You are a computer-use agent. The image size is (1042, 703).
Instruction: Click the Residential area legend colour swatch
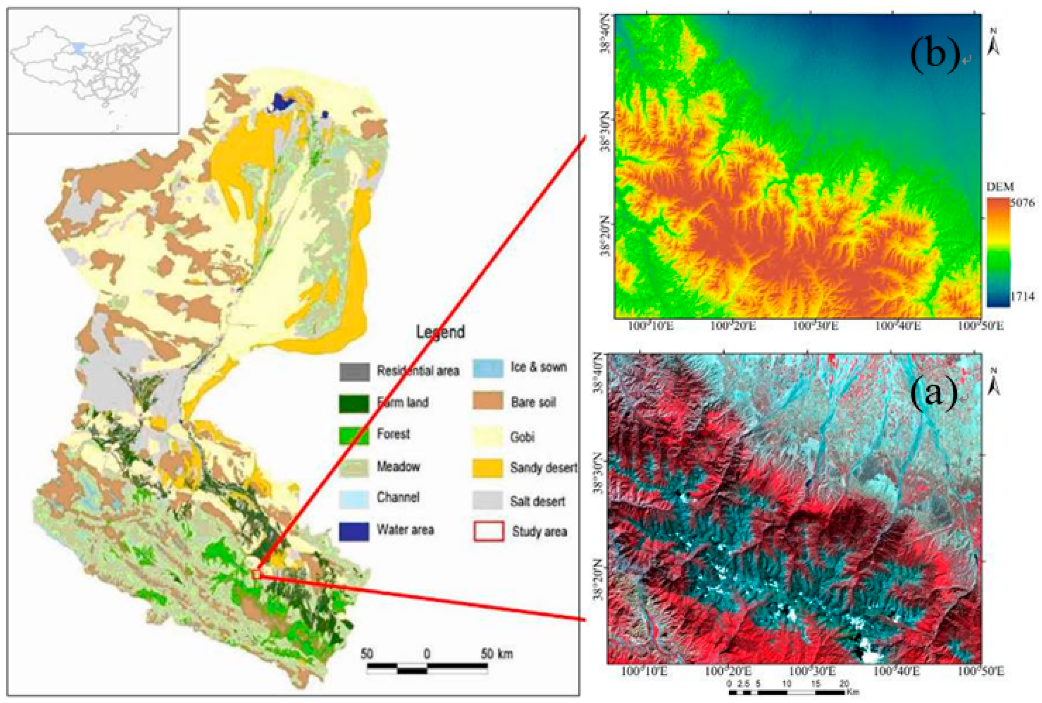[x=354, y=371]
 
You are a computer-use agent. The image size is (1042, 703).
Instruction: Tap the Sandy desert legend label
[x=544, y=468]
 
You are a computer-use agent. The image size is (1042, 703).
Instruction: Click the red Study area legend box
[x=488, y=531]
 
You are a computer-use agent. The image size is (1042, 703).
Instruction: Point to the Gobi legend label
[x=522, y=436]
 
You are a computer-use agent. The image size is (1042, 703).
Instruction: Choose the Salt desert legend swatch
[x=487, y=500]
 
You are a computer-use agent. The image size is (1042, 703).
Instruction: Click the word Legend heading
[x=440, y=332]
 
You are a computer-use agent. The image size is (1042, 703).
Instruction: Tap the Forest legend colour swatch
[x=354, y=434]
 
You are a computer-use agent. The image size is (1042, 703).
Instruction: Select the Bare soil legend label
[x=533, y=402]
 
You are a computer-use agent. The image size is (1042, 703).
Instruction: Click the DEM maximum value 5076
[x=1022, y=203]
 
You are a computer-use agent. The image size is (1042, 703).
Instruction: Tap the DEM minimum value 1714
[x=1022, y=296]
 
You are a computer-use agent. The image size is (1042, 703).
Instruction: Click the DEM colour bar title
[x=1000, y=187]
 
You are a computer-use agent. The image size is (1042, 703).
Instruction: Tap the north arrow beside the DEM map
[x=993, y=43]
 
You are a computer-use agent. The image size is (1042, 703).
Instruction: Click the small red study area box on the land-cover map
[x=255, y=574]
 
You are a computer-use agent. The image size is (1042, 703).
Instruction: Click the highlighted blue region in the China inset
[x=79, y=48]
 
